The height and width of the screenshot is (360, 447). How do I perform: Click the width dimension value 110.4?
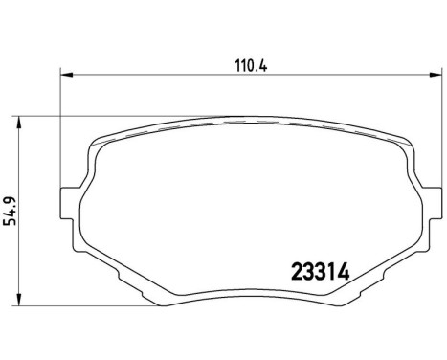pos(251,66)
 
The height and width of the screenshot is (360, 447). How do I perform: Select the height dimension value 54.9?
pos(10,211)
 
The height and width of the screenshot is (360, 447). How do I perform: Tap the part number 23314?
pos(321,273)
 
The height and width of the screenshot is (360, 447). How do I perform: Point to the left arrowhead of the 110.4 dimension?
pos(67,75)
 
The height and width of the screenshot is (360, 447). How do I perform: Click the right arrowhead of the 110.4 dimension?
pos(436,75)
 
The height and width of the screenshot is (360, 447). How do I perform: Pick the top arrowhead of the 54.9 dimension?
pos(19,123)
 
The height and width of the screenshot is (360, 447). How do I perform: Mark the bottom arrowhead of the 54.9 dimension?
pos(19,300)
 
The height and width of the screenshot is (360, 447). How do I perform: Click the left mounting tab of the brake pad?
pos(69,203)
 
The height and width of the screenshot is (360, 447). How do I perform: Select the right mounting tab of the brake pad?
pos(433,203)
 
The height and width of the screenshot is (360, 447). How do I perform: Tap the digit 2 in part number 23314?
pos(298,273)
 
